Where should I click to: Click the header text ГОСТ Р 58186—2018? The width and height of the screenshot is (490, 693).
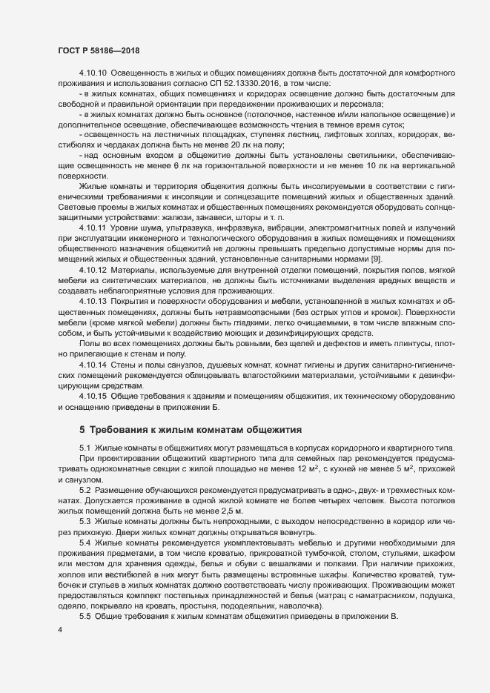tap(99, 50)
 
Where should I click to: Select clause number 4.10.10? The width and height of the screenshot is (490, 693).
tap(93, 74)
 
